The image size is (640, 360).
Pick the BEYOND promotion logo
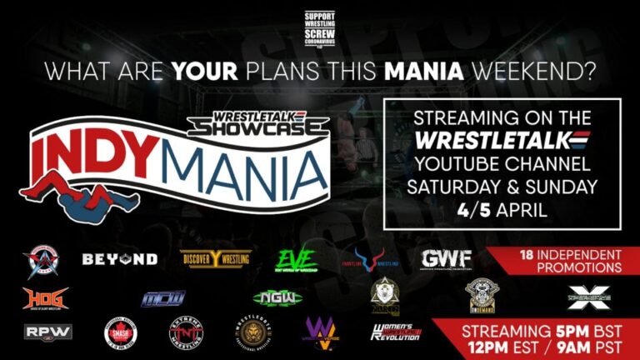pos(120,259)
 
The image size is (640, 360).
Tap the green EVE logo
pos(296,258)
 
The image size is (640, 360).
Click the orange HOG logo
pos(46,297)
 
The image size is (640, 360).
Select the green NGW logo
pos(277,298)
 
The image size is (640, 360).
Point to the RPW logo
pos(47,331)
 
